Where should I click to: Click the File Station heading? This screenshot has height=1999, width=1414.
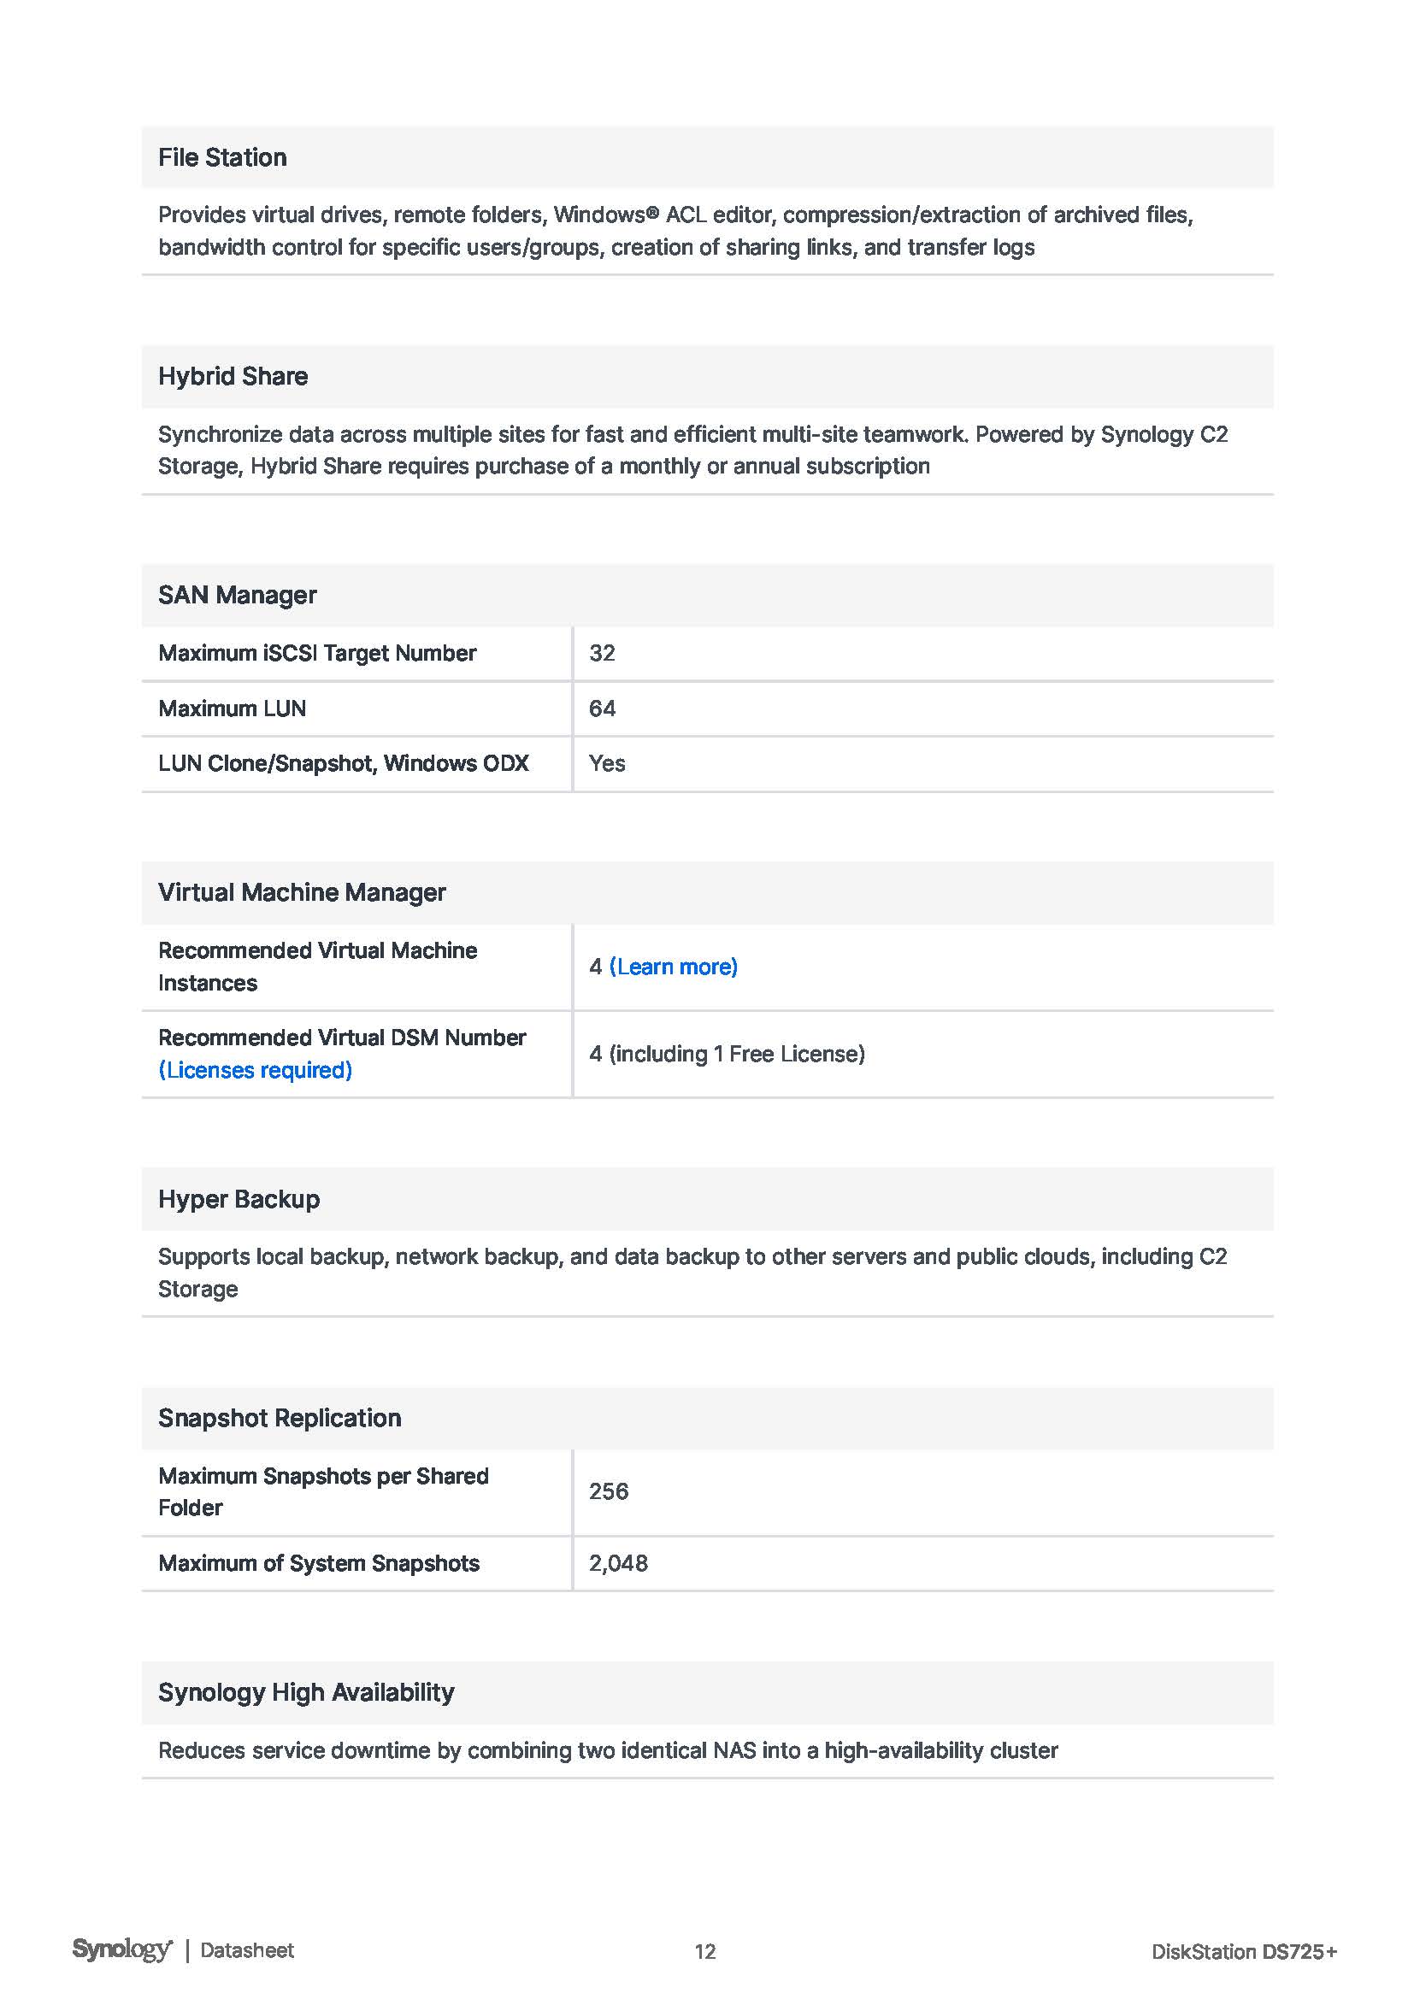point(222,157)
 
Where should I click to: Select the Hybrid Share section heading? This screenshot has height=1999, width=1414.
point(233,376)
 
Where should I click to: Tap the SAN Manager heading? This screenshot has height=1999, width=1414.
point(237,596)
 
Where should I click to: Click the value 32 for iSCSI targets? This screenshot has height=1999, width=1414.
point(602,653)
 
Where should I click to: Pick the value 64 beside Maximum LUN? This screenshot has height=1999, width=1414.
point(602,708)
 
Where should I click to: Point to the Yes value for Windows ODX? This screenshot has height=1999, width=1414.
point(607,763)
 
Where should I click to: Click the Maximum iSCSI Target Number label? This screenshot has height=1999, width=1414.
point(317,653)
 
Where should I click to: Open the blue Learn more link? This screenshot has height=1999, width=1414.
point(673,967)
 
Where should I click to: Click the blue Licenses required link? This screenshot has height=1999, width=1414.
point(255,1070)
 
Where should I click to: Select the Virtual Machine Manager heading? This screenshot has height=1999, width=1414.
point(301,892)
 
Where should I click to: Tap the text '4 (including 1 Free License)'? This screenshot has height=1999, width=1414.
point(727,1054)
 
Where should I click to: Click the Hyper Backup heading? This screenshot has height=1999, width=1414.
point(239,1199)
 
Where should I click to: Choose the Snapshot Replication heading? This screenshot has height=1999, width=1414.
point(280,1419)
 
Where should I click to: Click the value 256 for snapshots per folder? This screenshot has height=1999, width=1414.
point(609,1491)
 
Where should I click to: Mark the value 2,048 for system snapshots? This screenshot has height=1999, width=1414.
point(618,1564)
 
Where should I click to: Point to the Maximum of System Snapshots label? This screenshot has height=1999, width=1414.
point(319,1564)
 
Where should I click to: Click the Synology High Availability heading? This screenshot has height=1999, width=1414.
point(305,1692)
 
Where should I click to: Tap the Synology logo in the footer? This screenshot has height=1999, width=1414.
point(122,1949)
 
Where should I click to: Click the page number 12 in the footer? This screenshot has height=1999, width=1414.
point(705,1952)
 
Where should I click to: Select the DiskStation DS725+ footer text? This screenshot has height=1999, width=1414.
point(1243,1952)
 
